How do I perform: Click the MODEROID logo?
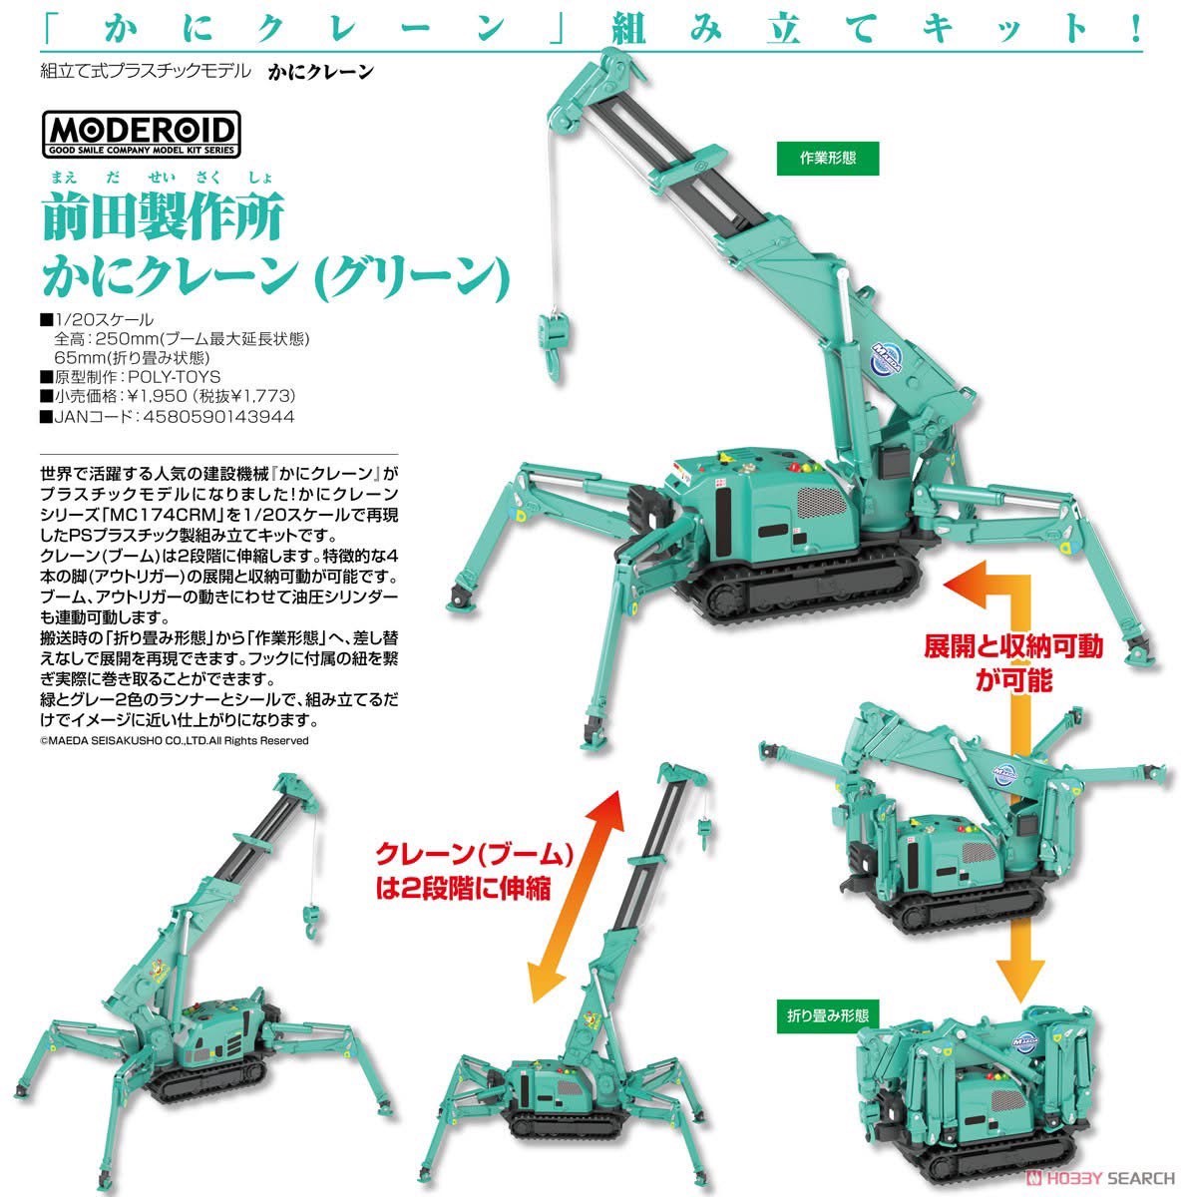141,135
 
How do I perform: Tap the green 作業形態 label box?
828,159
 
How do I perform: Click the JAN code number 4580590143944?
218,416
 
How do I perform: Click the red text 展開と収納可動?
1013,646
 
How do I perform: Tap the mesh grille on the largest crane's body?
822,502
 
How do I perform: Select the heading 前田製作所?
164,215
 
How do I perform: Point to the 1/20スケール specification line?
97,320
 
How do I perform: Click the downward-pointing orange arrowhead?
1020,981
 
